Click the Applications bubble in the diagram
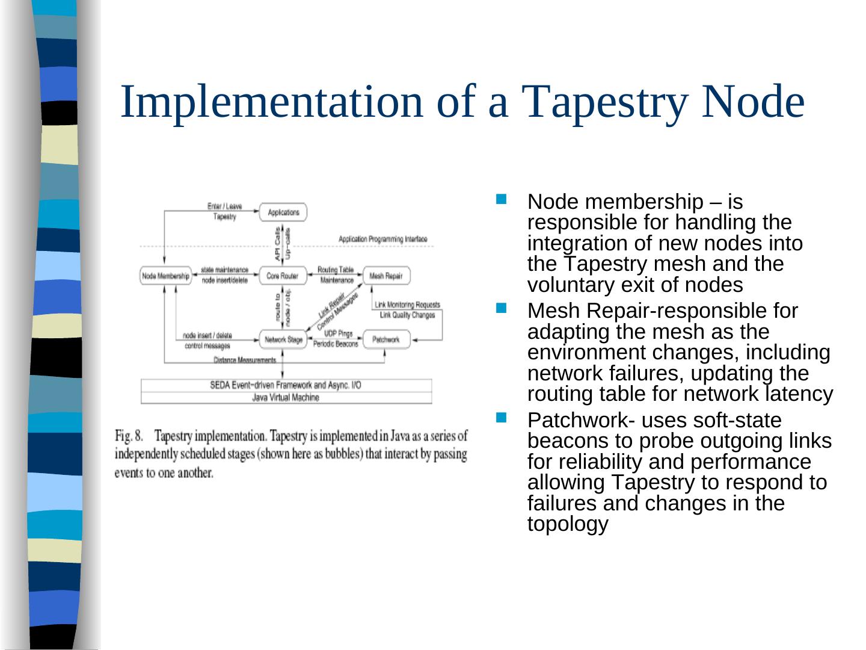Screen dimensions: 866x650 (x=283, y=212)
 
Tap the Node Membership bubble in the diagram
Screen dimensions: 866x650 (x=165, y=276)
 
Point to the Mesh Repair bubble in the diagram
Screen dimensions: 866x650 (x=385, y=276)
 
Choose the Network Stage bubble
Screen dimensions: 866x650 (x=283, y=339)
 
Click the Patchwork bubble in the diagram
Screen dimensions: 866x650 (x=385, y=339)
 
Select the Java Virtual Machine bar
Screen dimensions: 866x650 (x=286, y=397)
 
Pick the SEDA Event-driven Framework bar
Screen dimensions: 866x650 (x=286, y=385)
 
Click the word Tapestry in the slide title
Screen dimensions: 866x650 (x=606, y=101)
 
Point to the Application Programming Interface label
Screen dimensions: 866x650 (x=382, y=239)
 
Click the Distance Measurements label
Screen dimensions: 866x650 (x=245, y=360)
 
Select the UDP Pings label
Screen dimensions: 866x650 (x=338, y=333)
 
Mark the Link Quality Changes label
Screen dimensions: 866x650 (x=407, y=315)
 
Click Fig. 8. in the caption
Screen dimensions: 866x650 (x=129, y=436)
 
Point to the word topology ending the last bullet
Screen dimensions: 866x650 (x=567, y=524)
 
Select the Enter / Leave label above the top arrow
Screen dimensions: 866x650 (x=224, y=206)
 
